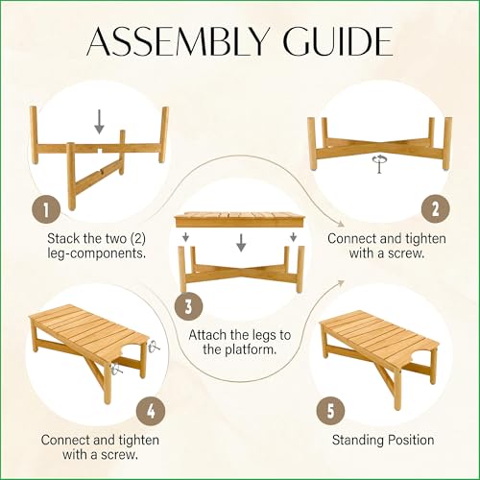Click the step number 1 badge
46,210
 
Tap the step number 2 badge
435,209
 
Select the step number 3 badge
188,306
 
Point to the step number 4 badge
151,410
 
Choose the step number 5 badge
331,410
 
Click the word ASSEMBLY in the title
177,42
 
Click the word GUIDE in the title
338,42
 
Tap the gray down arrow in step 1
99,122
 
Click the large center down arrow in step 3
241,243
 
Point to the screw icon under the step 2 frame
379,163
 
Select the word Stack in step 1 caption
63,238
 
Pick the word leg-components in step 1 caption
96,253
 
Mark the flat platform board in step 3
240,220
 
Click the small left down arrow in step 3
186,237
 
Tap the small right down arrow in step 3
293,237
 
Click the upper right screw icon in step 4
155,347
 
